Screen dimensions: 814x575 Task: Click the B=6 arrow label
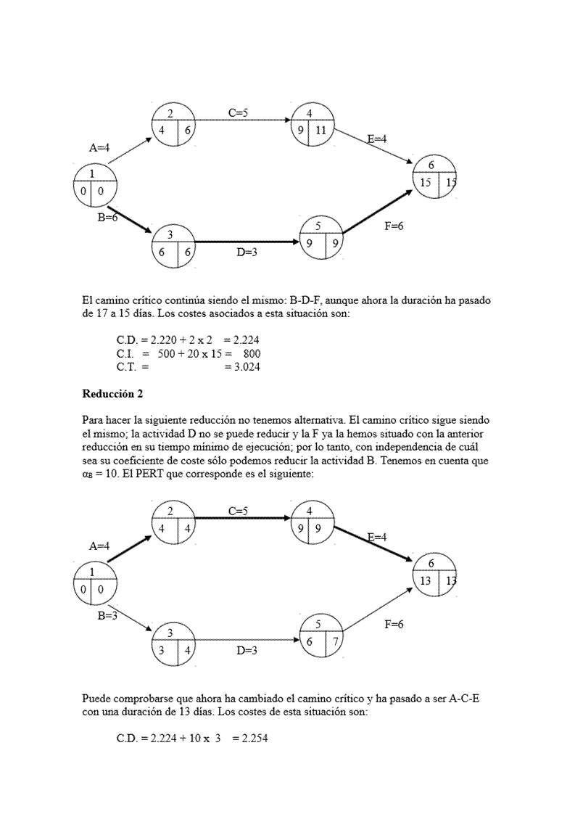tap(107, 216)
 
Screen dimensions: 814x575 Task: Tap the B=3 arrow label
tap(107, 616)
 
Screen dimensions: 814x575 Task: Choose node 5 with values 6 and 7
tap(321, 636)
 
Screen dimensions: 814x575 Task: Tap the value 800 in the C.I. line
tap(250, 353)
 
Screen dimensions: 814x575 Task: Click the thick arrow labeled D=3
tap(247, 242)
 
